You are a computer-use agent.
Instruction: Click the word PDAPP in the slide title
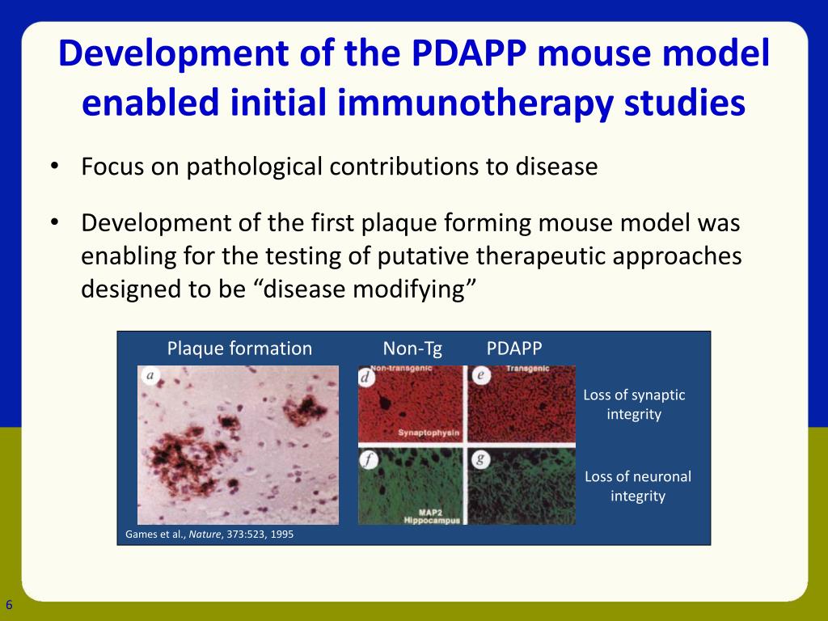pos(468,53)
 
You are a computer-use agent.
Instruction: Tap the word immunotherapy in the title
pos(475,103)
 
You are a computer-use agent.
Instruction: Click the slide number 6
pos(9,605)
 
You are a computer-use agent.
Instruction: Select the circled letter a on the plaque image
pos(150,376)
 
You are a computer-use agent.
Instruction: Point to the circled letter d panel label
pos(366,377)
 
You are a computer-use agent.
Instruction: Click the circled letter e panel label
pos(480,375)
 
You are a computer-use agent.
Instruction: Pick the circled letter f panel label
pos(369,460)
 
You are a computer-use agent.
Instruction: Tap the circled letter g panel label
pos(480,459)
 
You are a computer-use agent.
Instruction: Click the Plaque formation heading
pos(239,349)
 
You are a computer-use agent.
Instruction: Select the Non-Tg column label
pos(412,349)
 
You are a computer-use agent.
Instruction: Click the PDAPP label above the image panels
pos(513,349)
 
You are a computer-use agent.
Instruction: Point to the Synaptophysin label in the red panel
pos(429,433)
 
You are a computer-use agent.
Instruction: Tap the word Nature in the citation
pos(205,534)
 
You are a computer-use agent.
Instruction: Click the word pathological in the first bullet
pos(254,167)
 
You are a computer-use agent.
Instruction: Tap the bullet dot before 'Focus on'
pos(54,166)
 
